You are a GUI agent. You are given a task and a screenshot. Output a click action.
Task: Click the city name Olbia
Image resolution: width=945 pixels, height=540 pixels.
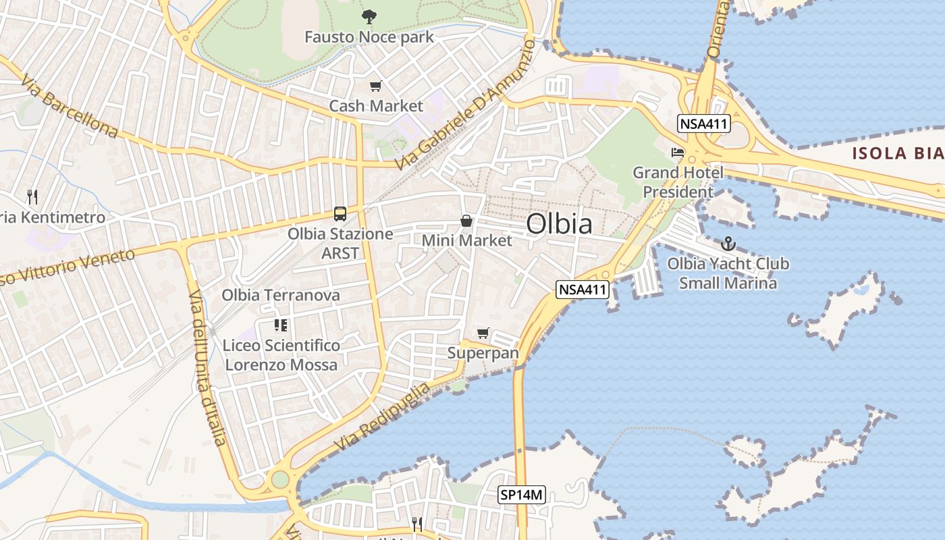coord(559,224)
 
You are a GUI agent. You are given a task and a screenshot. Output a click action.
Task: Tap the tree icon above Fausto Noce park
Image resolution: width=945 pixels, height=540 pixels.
coord(369,17)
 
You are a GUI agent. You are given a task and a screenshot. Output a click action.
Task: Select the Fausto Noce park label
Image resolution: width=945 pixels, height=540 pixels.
coord(369,36)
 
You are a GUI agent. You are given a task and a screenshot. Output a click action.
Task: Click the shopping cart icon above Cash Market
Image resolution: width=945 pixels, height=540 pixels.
coord(376,86)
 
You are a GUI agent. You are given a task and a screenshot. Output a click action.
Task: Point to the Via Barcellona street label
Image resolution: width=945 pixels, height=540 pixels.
coord(69,107)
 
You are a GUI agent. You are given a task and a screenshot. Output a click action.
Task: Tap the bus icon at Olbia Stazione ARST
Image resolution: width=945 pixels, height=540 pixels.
coord(340,214)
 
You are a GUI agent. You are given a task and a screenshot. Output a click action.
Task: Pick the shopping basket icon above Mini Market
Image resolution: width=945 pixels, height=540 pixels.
coord(466,221)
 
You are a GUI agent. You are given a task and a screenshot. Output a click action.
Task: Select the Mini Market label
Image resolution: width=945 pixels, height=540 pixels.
coord(466,240)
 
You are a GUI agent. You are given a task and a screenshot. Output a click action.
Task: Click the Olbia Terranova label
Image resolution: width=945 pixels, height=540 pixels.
coord(281,296)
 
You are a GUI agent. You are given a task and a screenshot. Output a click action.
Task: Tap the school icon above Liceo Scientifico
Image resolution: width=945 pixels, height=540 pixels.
coord(281,325)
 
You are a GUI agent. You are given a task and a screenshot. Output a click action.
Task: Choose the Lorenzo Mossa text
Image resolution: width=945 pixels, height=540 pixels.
coord(281,365)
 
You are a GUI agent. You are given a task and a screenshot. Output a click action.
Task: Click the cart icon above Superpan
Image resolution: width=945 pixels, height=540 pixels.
coord(483,333)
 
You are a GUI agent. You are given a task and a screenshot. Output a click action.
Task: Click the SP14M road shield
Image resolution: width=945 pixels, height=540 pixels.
coord(521,495)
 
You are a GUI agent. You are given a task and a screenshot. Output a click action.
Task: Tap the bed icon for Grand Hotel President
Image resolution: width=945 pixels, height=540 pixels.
coord(678,153)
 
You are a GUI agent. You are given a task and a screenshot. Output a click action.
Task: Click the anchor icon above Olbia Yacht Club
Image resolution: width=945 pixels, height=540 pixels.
coord(728,244)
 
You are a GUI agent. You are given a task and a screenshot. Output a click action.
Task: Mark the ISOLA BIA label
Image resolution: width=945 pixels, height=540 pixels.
coord(898,153)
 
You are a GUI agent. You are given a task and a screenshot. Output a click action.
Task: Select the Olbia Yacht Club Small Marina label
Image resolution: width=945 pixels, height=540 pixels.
coord(728,273)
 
